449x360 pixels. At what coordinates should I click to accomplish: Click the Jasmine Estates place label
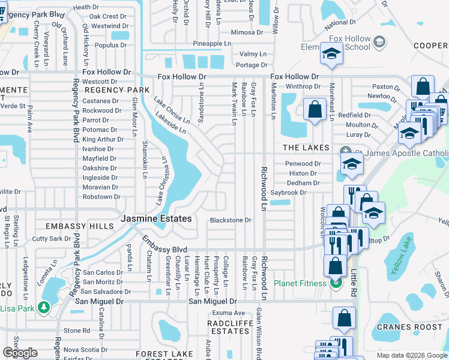(x=157, y=219)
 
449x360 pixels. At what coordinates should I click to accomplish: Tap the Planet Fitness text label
(x=301, y=283)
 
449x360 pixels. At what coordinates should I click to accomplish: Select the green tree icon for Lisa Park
(x=43, y=307)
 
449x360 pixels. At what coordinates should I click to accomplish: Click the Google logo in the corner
(x=20, y=353)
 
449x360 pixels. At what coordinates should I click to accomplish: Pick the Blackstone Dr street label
(x=230, y=220)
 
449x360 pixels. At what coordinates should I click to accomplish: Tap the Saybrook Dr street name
(x=288, y=193)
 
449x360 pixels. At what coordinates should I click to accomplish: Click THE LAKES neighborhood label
(x=306, y=148)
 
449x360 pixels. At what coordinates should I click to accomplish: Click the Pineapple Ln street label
(x=212, y=44)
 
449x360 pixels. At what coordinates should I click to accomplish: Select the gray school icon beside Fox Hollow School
(x=379, y=41)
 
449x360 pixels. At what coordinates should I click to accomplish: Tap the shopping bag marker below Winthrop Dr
(x=315, y=110)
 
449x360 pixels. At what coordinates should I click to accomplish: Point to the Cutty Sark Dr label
(x=52, y=239)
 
